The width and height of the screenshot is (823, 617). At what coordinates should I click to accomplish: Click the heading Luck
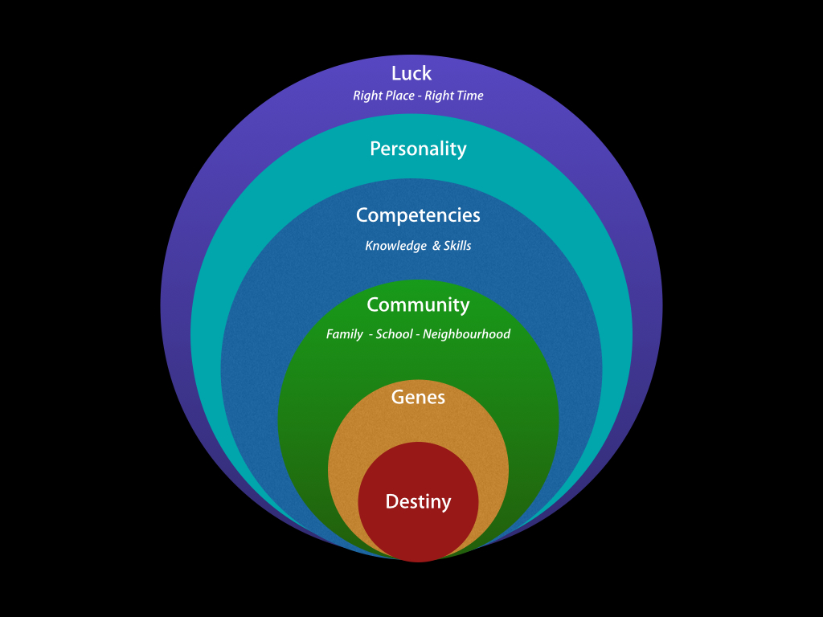[411, 73]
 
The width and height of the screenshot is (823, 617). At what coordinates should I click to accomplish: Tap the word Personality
[418, 149]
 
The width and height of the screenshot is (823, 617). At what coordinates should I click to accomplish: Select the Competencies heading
[418, 215]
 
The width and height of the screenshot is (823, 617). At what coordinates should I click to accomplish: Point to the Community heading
[418, 305]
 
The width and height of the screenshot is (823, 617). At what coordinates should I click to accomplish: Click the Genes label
[418, 397]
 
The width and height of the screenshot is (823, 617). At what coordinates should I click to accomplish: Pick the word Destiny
[418, 502]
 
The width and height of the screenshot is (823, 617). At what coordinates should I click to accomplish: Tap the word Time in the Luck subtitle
[470, 96]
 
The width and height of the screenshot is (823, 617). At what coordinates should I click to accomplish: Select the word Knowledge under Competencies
[395, 246]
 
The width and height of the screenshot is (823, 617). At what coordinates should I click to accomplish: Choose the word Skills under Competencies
[457, 246]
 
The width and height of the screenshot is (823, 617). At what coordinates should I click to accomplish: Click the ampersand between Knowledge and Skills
[436, 246]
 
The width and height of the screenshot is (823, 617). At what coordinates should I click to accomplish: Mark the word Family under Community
[344, 334]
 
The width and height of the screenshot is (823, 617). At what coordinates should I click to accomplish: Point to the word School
[394, 334]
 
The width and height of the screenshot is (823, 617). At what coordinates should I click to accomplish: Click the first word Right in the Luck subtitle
[368, 96]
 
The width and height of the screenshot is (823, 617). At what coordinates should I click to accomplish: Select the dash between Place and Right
[424, 96]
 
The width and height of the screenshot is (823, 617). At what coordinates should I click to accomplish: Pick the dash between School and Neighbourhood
[418, 334]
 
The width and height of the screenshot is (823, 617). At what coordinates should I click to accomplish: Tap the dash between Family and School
[370, 334]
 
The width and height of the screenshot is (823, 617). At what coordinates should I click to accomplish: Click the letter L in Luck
[396, 73]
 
